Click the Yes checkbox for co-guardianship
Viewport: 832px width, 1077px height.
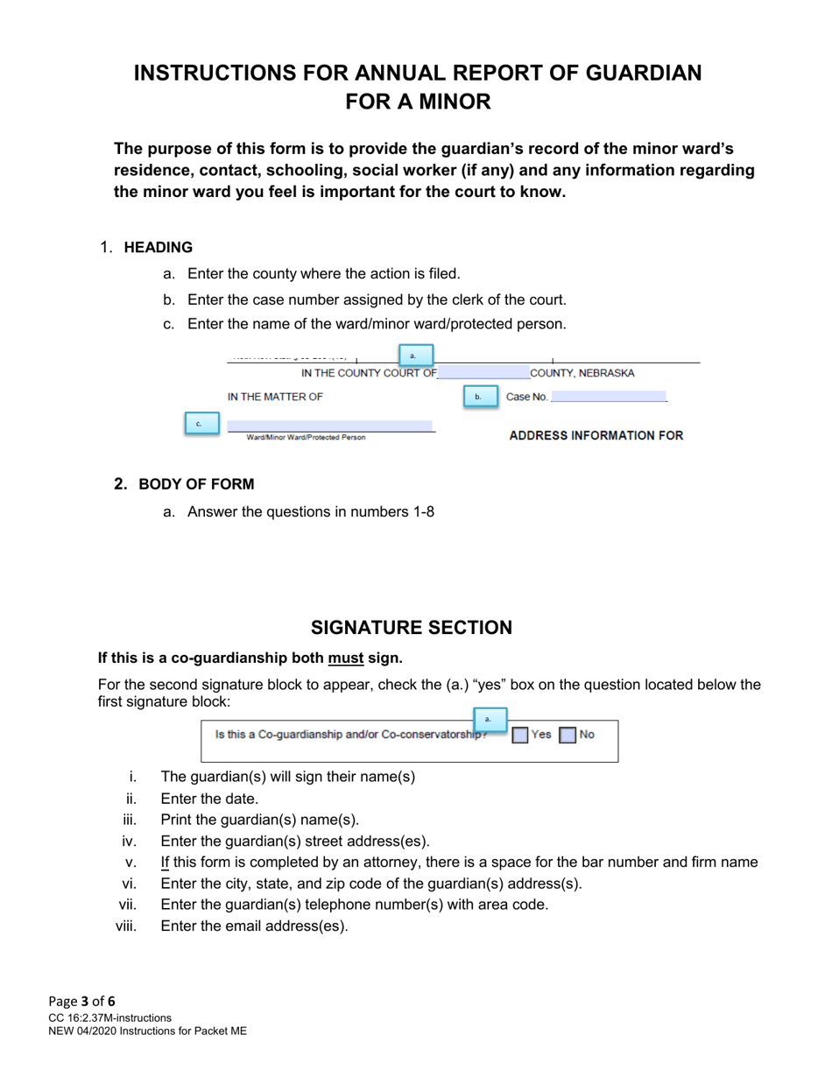click(x=520, y=736)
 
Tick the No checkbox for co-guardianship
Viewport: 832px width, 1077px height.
click(x=568, y=736)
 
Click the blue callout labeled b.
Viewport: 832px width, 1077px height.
click(x=478, y=397)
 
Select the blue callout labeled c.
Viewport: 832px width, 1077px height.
click(x=201, y=424)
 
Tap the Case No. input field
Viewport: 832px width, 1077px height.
click(x=609, y=397)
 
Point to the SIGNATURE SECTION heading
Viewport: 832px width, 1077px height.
click(x=412, y=628)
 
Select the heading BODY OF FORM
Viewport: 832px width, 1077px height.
click(x=196, y=484)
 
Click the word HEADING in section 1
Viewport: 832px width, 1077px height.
click(x=159, y=247)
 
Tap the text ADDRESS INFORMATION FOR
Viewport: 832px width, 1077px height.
click(x=596, y=435)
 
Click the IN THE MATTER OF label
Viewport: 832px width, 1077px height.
click(x=275, y=397)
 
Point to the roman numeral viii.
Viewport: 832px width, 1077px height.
click(x=126, y=926)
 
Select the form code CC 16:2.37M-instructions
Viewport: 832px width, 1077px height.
click(x=110, y=1017)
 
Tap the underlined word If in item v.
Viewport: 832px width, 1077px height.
click(x=165, y=862)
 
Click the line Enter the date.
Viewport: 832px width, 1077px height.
click(x=210, y=799)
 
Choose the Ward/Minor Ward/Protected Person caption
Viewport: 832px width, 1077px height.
click(x=306, y=437)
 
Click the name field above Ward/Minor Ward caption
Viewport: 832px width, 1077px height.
click(x=329, y=425)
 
